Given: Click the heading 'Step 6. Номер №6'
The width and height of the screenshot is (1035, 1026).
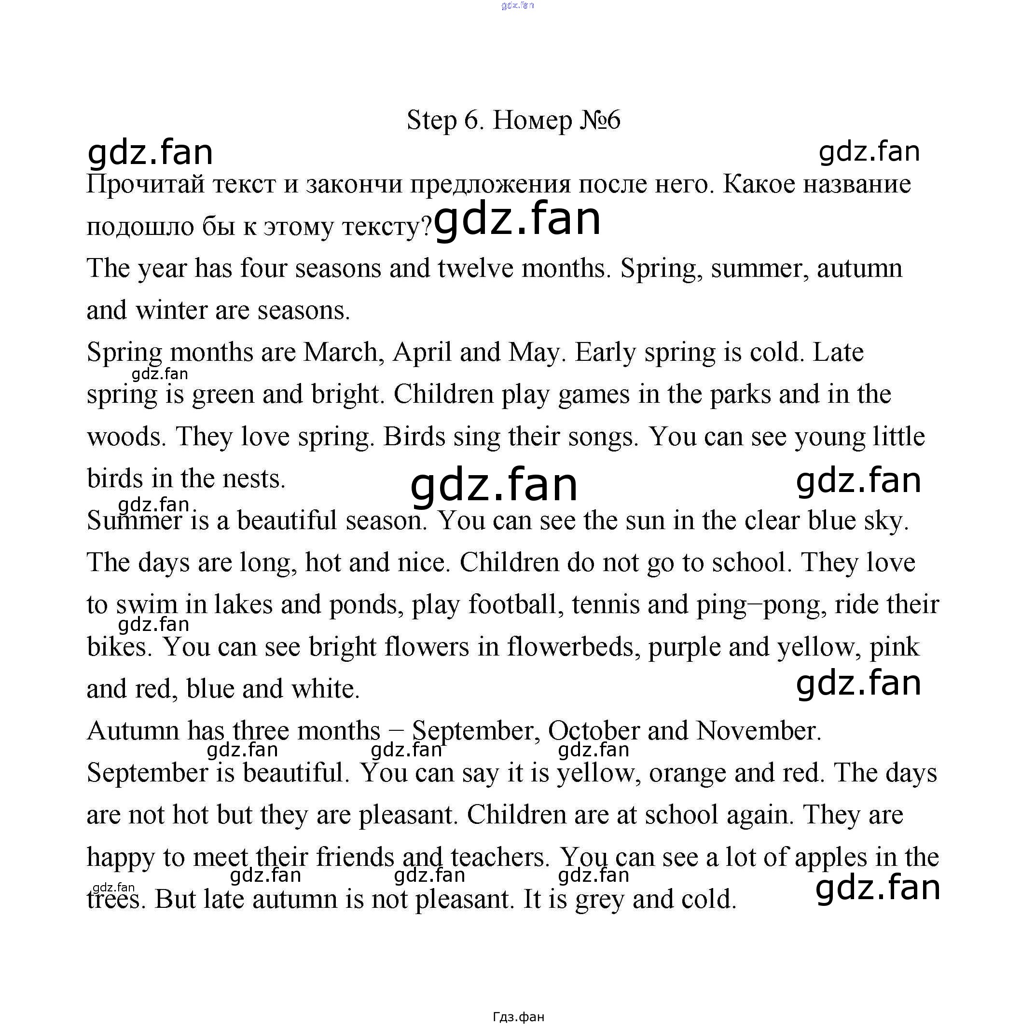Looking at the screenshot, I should [x=513, y=121].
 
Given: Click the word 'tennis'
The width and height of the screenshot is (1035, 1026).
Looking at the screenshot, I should [x=606, y=605].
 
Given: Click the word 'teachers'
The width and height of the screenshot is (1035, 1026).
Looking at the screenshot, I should [x=500, y=858].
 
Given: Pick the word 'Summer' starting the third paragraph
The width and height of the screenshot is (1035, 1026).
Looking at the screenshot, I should [x=135, y=521].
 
